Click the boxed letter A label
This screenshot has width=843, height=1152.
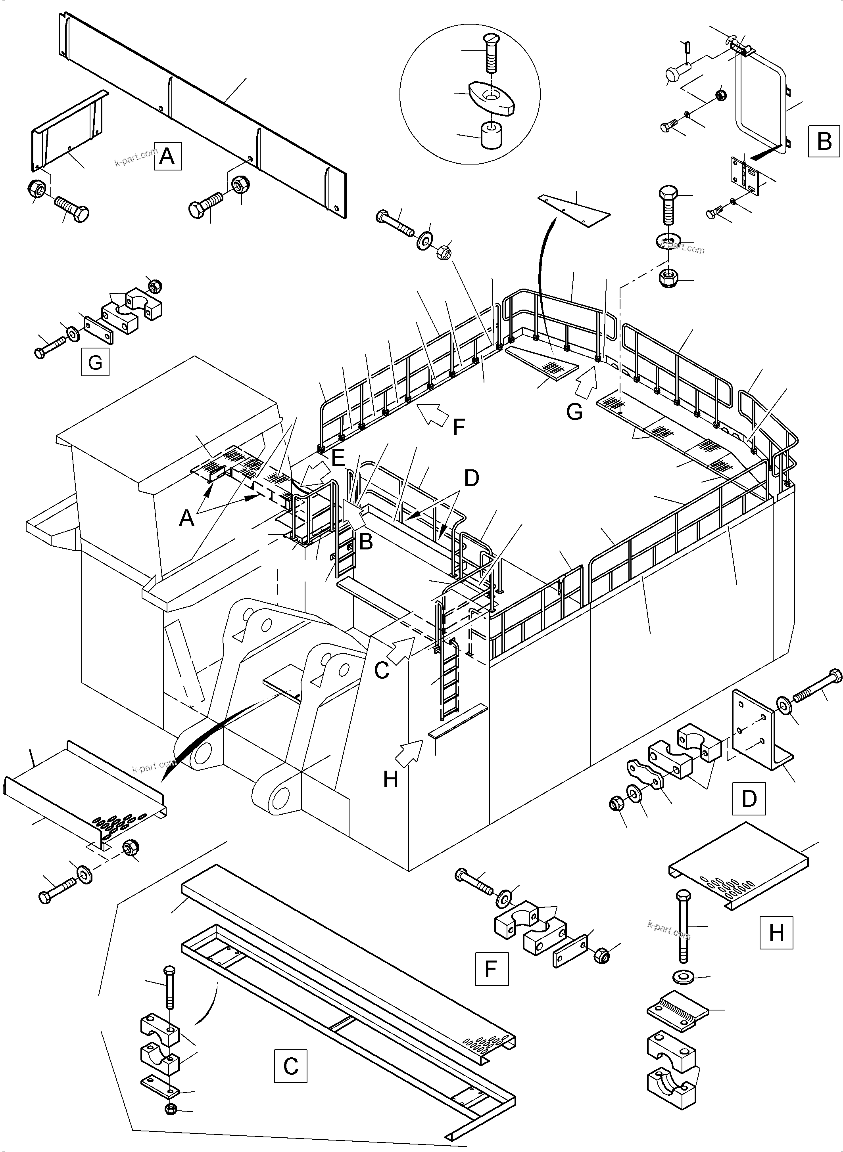point(167,156)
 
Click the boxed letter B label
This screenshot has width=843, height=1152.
point(824,140)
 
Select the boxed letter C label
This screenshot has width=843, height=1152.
point(290,1066)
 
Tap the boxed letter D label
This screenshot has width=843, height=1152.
point(749,798)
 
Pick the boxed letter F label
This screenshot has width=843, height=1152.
point(492,968)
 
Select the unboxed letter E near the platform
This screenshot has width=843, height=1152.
point(338,458)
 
